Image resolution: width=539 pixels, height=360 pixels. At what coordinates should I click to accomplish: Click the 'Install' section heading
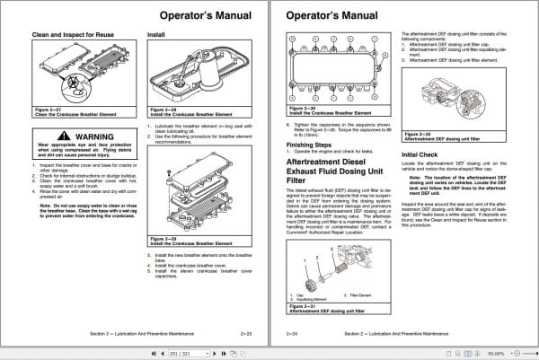coord(156,36)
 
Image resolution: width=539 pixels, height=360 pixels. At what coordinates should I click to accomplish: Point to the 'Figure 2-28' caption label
coord(163,111)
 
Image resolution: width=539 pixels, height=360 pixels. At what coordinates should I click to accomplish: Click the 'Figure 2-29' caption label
coord(163,238)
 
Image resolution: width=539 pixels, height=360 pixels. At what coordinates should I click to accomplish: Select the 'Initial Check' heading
coord(420,155)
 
